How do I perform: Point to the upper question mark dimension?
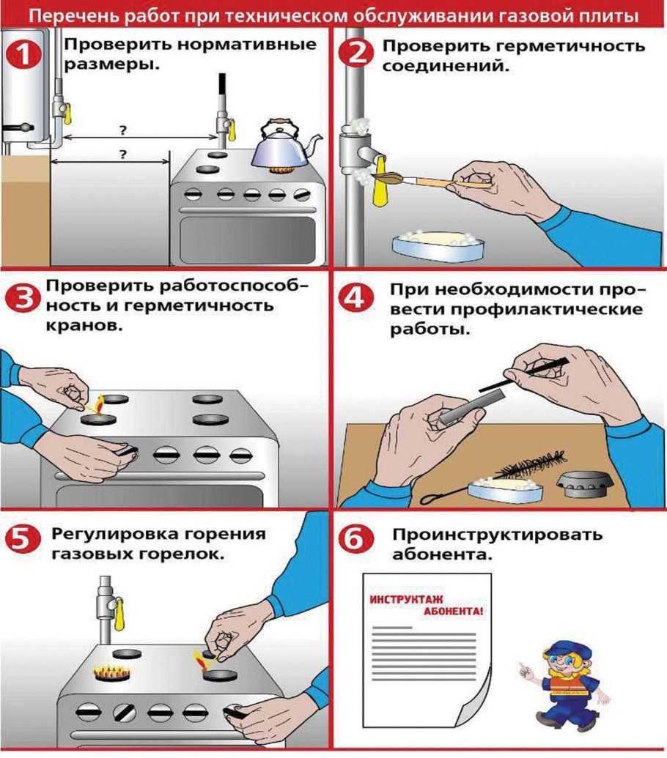(122, 130)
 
